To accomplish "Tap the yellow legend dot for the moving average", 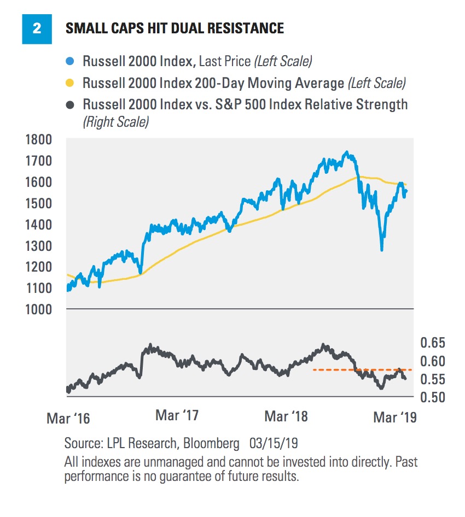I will point(70,84).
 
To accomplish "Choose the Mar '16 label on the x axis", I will point(68,419).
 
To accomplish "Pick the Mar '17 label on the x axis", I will point(177,415).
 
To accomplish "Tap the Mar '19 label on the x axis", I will point(394,418).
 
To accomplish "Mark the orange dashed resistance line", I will point(361,370).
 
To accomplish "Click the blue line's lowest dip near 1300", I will point(381,250).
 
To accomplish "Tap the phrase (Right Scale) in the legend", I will point(115,122).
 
